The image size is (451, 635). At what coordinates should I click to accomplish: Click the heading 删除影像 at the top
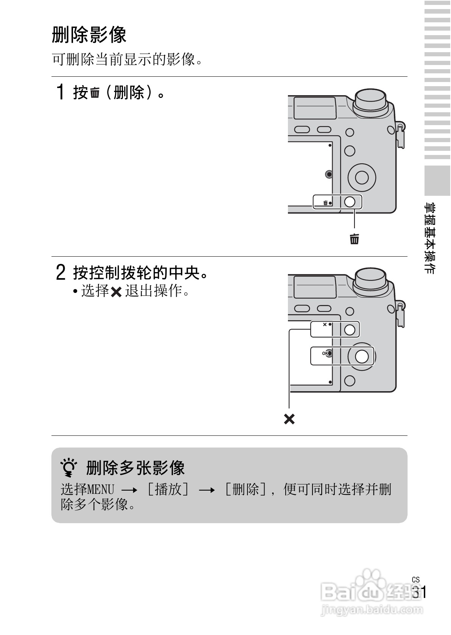point(89,35)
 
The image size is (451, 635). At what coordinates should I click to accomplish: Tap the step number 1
point(60,92)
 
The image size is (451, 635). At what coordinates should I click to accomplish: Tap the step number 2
point(61,272)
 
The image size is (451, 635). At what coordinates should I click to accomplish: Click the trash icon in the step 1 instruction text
point(95,93)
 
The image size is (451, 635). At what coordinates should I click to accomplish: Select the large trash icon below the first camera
point(355,239)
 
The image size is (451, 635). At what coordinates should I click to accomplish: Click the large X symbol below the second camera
point(289,419)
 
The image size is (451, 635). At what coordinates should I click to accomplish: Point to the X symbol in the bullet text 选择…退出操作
point(117,292)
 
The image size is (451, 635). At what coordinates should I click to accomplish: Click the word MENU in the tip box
point(101,490)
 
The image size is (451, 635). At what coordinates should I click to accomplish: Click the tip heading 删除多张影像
point(135,468)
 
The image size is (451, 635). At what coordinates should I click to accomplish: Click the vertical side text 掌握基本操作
point(430,238)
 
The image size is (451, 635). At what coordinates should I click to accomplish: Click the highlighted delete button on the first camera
point(350,202)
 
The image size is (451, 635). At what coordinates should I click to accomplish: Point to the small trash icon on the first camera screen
point(325,203)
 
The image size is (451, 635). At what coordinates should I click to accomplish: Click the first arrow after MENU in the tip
point(129,491)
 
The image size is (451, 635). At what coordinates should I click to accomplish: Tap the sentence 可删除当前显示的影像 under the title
point(127,59)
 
